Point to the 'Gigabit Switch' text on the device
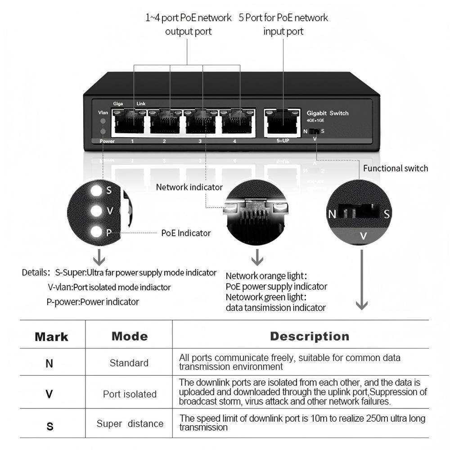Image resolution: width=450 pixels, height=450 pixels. point(327,113)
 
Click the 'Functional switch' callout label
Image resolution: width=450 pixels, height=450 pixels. point(396,168)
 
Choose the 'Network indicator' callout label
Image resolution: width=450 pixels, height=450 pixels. point(189,187)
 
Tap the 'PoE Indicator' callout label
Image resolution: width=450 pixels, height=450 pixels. point(186,233)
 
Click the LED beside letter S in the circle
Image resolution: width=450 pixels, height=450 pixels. point(96,190)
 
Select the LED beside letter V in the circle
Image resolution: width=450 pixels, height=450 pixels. point(96,211)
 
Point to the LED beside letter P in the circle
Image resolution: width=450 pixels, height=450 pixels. point(96,232)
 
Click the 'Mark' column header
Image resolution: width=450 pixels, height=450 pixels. point(51,337)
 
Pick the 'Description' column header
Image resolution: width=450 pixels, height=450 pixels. point(310,336)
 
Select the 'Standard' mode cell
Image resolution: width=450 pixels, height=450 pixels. point(129,363)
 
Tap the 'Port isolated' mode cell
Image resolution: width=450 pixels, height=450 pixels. point(130,394)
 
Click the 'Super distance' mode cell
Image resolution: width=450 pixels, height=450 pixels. point(130,423)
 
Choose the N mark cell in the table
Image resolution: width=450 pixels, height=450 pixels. point(49,363)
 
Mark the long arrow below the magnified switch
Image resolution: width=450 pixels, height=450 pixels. point(361,279)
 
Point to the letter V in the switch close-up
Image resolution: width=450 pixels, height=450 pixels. point(364,236)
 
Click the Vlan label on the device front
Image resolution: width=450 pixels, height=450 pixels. point(103,112)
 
